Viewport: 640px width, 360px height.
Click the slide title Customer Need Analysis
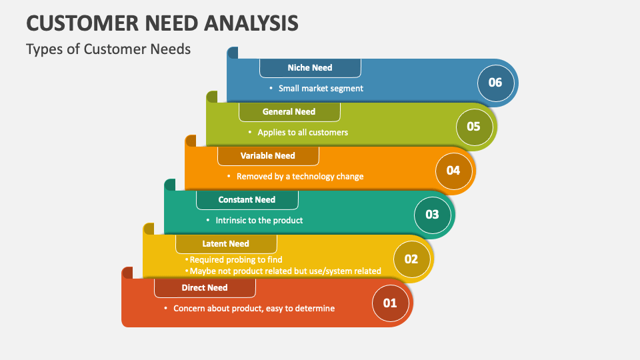coord(162,22)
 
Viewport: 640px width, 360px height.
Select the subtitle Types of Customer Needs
coord(108,49)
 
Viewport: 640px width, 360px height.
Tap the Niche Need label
coord(310,67)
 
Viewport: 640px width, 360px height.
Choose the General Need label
coord(289,111)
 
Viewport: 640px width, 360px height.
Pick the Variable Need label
coord(267,155)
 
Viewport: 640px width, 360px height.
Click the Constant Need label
coord(247,199)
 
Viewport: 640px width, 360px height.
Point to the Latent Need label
coord(225,243)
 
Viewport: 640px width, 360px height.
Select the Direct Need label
coord(205,287)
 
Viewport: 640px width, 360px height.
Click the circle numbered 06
coord(495,83)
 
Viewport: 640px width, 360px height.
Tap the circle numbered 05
coord(473,126)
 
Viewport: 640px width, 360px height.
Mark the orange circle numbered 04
coord(453,170)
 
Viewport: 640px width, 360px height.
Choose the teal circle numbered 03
coord(432,214)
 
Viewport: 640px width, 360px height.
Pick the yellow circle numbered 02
coord(411,259)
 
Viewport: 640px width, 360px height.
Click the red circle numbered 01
coord(390,303)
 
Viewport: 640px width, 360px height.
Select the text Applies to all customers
coord(303,132)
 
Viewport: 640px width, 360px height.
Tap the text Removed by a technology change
coord(300,176)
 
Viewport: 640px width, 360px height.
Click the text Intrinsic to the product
coord(259,220)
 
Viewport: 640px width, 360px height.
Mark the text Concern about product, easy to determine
coord(254,308)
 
